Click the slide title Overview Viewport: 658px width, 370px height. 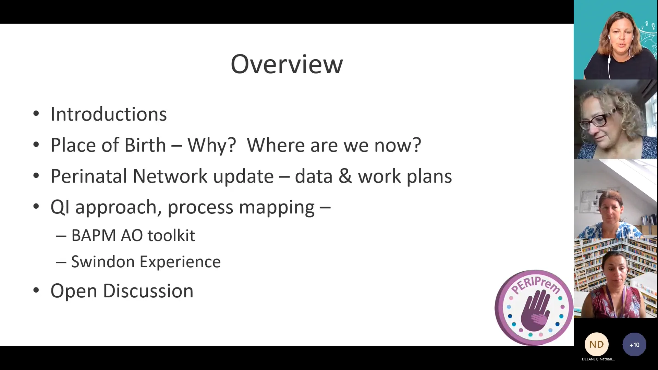(x=287, y=64)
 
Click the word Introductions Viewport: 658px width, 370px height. (x=108, y=114)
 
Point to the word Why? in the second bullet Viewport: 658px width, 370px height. (x=211, y=145)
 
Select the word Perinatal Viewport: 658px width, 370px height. (x=89, y=176)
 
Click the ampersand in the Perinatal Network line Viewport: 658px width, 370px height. (x=345, y=176)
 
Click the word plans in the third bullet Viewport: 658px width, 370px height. (x=429, y=177)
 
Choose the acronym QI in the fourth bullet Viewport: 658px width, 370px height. (x=60, y=207)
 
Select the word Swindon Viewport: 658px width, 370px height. (x=103, y=262)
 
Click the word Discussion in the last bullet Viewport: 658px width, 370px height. (x=148, y=291)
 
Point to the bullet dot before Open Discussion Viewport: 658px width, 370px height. (x=36, y=290)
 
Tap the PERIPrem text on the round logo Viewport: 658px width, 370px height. (x=535, y=284)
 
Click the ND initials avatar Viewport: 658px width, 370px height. (x=596, y=344)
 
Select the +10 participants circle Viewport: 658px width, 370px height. (x=634, y=345)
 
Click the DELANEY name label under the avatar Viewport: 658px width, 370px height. (x=598, y=359)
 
